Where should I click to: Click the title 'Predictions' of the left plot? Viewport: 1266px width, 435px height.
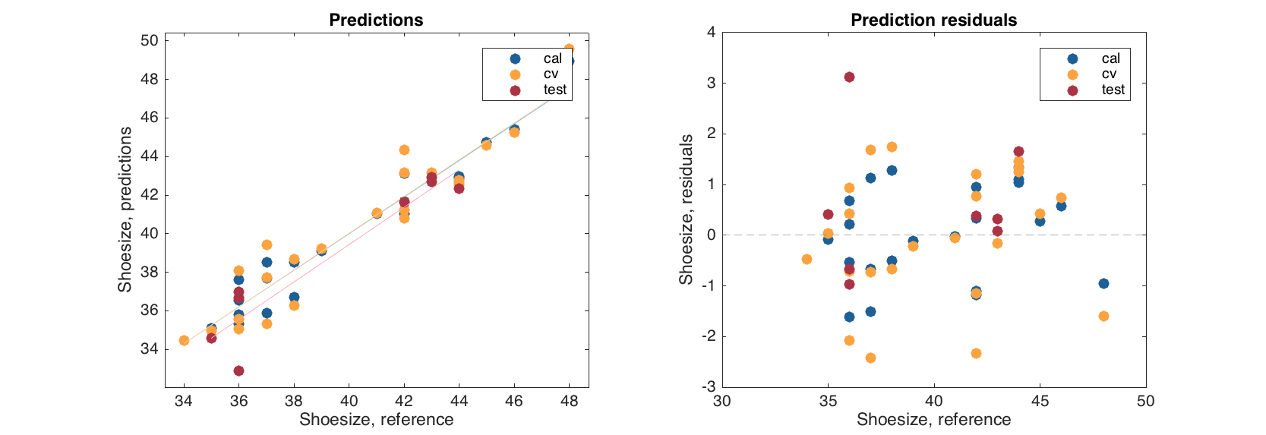[x=376, y=20]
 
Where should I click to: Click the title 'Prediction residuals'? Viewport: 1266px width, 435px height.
[x=933, y=20]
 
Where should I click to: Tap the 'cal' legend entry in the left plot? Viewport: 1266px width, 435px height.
[x=552, y=58]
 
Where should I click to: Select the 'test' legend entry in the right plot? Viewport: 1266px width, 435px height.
[x=1113, y=90]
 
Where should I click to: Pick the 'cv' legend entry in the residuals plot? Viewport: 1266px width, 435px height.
[x=1109, y=74]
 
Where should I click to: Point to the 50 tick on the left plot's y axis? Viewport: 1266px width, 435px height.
[x=150, y=41]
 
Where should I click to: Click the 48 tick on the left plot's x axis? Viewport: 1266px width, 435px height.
[x=569, y=401]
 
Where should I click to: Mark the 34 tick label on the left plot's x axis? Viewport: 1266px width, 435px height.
[x=184, y=401]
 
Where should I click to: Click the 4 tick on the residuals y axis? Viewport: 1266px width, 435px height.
[x=711, y=32]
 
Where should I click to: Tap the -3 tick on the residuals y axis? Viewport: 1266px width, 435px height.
[x=709, y=387]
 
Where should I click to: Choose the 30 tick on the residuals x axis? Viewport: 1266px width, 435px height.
[x=722, y=401]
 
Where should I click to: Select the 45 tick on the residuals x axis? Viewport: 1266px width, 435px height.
[x=1040, y=401]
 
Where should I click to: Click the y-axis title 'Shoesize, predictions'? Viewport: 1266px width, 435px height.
[x=125, y=210]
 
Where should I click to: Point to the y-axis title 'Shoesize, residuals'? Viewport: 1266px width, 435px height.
[x=686, y=210]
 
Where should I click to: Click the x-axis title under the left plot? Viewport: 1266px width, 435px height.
[x=376, y=420]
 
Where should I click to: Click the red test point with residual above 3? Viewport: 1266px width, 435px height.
[x=849, y=77]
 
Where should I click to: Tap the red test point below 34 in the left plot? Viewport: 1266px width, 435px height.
[x=238, y=370]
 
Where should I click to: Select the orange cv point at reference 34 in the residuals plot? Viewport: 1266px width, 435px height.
[x=807, y=259]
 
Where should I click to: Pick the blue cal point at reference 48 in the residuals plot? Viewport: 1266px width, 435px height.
[x=1103, y=283]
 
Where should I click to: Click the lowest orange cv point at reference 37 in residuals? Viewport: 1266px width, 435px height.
[x=870, y=358]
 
